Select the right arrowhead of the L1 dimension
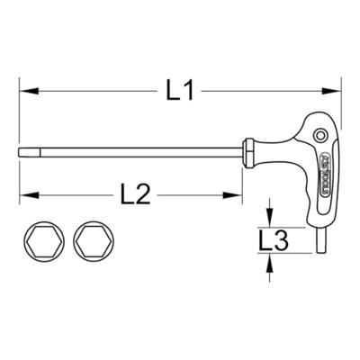337,90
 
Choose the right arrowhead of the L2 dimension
238,193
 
